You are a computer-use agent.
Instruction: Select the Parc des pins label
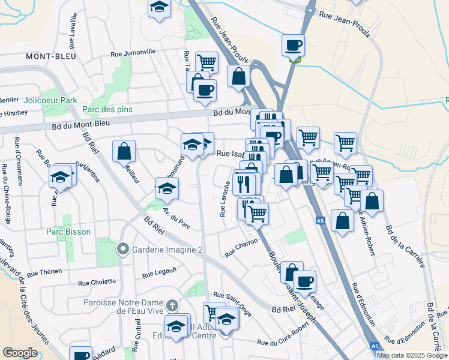point(107,110)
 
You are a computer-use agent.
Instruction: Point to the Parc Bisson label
point(69,232)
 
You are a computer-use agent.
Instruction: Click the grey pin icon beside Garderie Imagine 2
point(123,248)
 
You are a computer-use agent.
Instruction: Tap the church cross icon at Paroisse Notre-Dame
point(173,305)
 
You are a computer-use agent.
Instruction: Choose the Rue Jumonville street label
point(133,53)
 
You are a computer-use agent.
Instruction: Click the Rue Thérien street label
point(44,272)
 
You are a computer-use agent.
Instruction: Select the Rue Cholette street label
point(97,282)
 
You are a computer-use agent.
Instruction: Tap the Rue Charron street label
point(241,247)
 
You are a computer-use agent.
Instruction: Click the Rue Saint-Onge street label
point(232,298)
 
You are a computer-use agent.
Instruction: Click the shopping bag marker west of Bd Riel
point(124,151)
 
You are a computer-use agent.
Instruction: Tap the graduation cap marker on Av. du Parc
point(167,188)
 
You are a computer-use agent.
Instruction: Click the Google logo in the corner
point(20,353)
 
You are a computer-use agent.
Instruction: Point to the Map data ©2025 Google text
point(412,355)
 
